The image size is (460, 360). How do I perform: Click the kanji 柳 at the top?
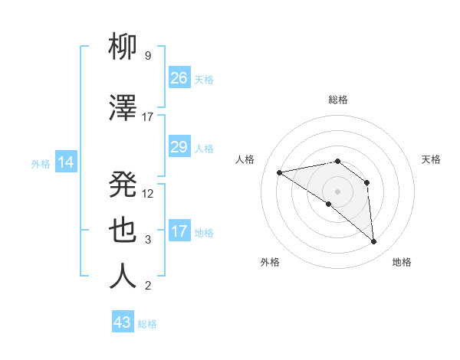(123, 47)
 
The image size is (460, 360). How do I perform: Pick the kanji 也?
(123, 231)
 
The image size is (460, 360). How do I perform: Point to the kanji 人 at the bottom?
(123, 277)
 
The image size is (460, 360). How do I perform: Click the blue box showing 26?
(179, 78)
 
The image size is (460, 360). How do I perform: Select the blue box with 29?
(179, 147)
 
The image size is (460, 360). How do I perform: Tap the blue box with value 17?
(179, 231)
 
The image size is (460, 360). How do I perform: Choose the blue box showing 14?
(66, 162)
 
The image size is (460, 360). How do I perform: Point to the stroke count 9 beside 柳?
(147, 56)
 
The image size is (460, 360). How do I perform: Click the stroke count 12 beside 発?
(149, 193)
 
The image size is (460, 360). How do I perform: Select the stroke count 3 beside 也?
(147, 240)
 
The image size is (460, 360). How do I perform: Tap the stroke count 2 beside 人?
(147, 286)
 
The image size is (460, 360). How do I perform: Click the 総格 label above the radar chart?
(337, 100)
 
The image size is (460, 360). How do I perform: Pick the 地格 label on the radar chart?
(402, 262)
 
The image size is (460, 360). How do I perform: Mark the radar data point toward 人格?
(280, 172)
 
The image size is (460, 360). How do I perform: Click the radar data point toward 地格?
(373, 242)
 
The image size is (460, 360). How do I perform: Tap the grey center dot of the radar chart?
(337, 191)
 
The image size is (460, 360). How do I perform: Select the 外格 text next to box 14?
(41, 163)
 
